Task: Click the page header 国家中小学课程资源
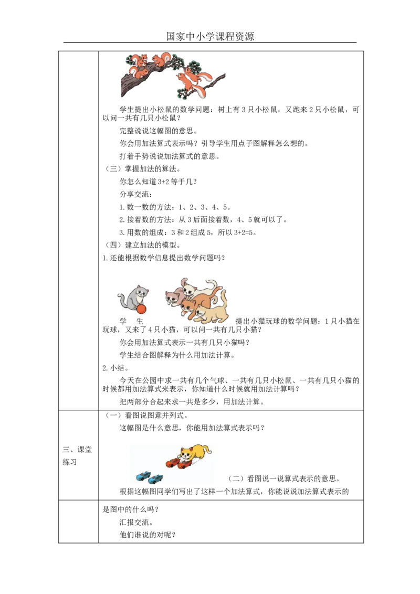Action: (210, 36)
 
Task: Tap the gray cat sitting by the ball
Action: (133, 298)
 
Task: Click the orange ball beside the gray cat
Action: (141, 309)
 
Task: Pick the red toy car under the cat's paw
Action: (185, 464)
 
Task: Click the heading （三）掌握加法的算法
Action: (142, 169)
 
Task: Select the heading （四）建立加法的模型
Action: (142, 245)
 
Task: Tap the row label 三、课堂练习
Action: (77, 455)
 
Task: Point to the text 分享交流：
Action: (136, 194)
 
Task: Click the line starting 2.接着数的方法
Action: (204, 220)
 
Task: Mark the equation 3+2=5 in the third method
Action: (245, 232)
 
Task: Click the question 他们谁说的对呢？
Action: (148, 535)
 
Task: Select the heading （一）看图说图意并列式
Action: (146, 416)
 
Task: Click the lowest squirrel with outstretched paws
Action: (199, 84)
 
